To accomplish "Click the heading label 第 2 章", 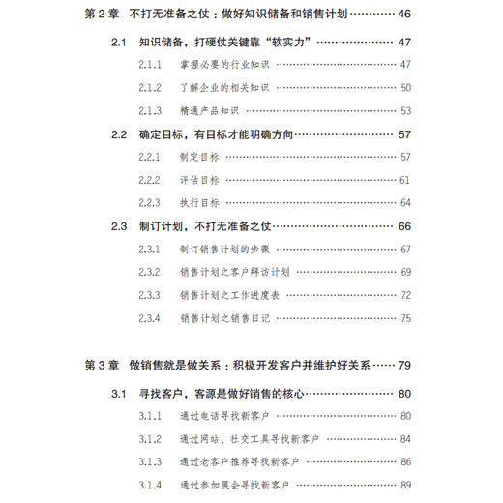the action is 101,15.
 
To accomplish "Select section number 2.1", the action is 119,43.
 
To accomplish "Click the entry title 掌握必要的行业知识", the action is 224,64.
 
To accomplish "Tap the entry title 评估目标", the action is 199,180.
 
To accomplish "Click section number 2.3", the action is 119,226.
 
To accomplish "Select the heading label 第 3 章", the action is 101,366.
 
